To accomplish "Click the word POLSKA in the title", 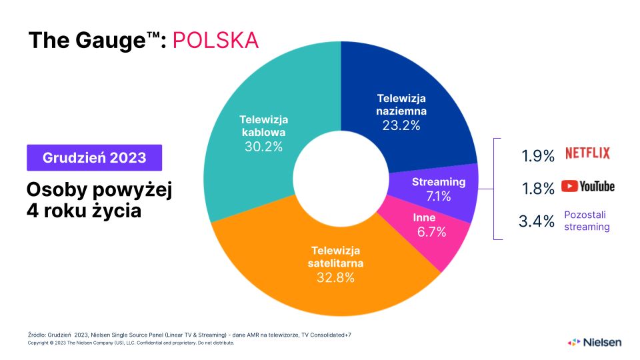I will tap(215, 40).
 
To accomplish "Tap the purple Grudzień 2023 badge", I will tap(94, 158).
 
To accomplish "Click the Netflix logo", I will tap(587, 153).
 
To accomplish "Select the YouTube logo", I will tap(587, 187).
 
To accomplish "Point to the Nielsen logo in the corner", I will tap(594, 342).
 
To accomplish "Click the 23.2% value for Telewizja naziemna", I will tap(401, 125).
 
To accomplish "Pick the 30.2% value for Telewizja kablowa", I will tap(263, 147).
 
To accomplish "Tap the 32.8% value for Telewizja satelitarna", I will tap(335, 278).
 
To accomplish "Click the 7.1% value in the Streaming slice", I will tap(439, 197).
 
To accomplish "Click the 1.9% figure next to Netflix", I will tap(537, 156).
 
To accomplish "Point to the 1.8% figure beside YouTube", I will tap(537, 189).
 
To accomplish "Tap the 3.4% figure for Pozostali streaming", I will tap(537, 221).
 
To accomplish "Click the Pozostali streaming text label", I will tap(587, 221).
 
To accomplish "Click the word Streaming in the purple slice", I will tap(439, 182).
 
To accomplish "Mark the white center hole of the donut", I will tap(341, 179).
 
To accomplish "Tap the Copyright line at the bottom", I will tap(131, 343).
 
